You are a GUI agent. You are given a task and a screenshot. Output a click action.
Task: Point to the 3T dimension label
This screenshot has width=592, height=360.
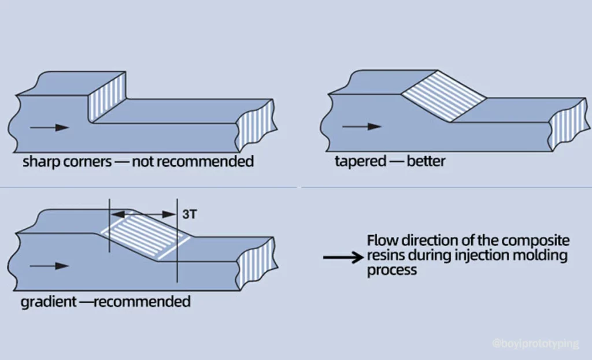click(x=189, y=214)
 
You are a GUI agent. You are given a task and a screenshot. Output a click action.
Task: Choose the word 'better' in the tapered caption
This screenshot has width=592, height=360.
click(x=425, y=161)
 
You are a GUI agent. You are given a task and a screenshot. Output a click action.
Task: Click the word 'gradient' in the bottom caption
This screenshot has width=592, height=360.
click(x=43, y=302)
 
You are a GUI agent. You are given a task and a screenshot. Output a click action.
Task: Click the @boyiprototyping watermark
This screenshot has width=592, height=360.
click(x=535, y=344)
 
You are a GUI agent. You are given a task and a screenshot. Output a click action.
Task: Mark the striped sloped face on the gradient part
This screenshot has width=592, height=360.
click(x=145, y=236)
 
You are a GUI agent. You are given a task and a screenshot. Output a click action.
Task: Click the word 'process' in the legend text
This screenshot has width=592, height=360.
click(x=392, y=270)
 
